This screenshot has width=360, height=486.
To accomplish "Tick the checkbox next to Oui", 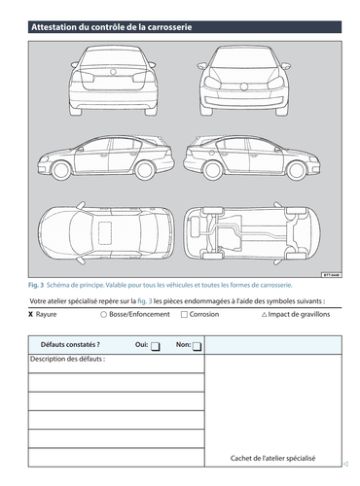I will [156, 346].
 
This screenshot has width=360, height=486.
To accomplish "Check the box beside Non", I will [197, 346].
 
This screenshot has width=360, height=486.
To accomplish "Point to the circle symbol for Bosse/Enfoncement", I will [103, 315].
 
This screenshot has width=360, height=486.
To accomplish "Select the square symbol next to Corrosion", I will [183, 315].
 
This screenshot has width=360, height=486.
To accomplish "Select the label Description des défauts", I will [67, 360].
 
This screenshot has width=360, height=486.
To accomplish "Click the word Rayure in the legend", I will [51, 315].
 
